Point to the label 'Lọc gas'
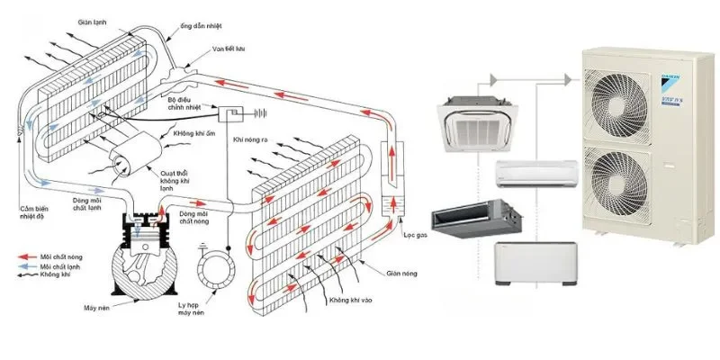point(413,236)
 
